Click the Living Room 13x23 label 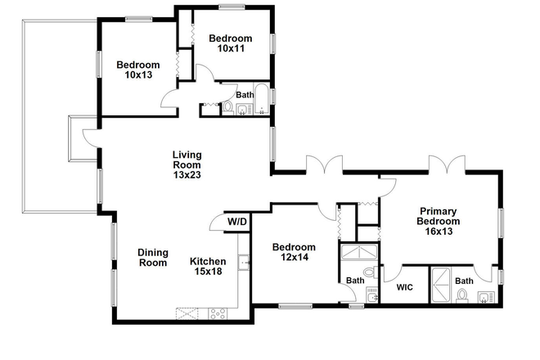(x=187, y=164)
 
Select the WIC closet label (x=404, y=287)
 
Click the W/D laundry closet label (x=236, y=221)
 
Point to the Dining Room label (x=152, y=258)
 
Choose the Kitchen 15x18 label (x=207, y=267)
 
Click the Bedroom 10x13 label (x=137, y=71)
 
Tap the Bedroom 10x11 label (x=230, y=43)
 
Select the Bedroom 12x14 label (x=294, y=253)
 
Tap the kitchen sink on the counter (x=243, y=262)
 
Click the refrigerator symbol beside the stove (x=187, y=313)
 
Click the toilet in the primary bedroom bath (x=462, y=296)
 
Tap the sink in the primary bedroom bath (x=486, y=296)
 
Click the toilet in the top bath (x=228, y=107)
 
